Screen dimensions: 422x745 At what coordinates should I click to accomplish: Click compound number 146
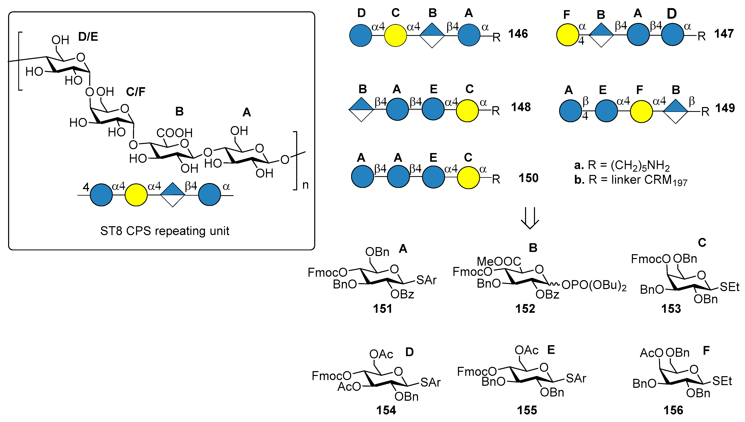pos(518,34)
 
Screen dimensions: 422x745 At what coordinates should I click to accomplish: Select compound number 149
pos(725,108)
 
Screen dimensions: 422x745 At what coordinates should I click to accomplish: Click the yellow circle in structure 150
pos(468,178)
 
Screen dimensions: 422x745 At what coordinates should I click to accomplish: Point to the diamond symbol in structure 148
pos(361,109)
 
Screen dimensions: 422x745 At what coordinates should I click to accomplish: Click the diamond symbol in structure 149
pos(675,111)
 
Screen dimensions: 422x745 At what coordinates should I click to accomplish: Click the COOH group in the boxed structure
pos(175,133)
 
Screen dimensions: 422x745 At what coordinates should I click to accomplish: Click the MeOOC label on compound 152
pos(499,262)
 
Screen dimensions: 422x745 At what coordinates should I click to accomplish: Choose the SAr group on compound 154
pos(430,382)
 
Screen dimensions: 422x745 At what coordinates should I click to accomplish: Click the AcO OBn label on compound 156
pos(664,353)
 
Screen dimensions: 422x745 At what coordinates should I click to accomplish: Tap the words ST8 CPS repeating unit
pos(165,231)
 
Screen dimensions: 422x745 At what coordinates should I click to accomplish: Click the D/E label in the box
pos(88,37)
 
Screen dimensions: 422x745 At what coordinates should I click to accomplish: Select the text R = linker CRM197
pos(635,180)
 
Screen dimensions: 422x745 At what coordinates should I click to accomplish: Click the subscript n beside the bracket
pos(305,185)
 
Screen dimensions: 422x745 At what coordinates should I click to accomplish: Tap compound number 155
pos(527,410)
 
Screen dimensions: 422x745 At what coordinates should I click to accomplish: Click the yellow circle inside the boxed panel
pos(136,195)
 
